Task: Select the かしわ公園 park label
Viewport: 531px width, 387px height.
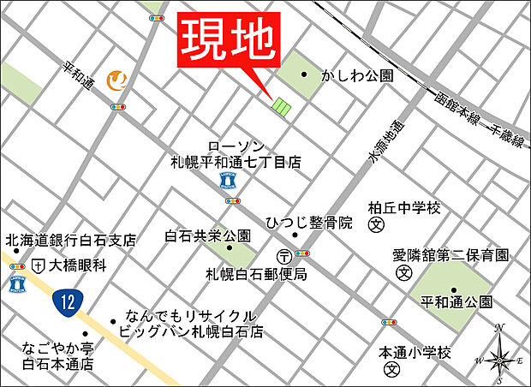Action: click(x=357, y=75)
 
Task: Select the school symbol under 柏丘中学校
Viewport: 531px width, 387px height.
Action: click(x=374, y=225)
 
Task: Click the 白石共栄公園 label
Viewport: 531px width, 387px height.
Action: click(x=208, y=235)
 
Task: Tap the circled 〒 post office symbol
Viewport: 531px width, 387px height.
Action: click(x=283, y=255)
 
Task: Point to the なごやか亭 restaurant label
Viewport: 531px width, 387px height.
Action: click(x=58, y=348)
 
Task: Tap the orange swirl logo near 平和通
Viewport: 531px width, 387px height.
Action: click(x=117, y=80)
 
